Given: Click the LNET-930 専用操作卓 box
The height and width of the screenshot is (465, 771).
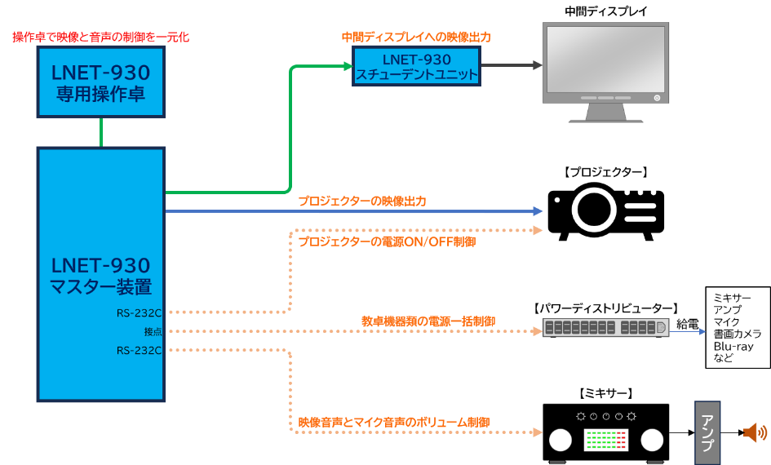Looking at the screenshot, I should (100, 82).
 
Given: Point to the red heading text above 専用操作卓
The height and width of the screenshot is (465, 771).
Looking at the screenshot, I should (100, 37).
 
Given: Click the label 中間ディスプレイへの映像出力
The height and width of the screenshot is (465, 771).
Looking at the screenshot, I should (416, 37).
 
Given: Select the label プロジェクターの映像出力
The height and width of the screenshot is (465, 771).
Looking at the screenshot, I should (361, 201).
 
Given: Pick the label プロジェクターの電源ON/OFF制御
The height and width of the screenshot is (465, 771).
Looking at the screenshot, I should (387, 242).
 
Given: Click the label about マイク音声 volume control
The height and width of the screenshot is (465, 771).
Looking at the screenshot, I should (393, 423).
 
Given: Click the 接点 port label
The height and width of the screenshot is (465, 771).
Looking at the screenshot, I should (153, 332).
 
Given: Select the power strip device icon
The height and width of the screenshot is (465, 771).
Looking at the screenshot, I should (605, 328).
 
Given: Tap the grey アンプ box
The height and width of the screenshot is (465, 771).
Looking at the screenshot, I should (707, 432).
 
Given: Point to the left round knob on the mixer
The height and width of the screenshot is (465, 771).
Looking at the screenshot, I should (561, 441).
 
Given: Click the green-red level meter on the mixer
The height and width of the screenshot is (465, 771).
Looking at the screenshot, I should (605, 441).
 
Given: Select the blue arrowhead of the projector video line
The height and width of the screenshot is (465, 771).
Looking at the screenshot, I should (538, 211).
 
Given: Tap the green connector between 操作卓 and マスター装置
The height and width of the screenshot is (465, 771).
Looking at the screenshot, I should (101, 132).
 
